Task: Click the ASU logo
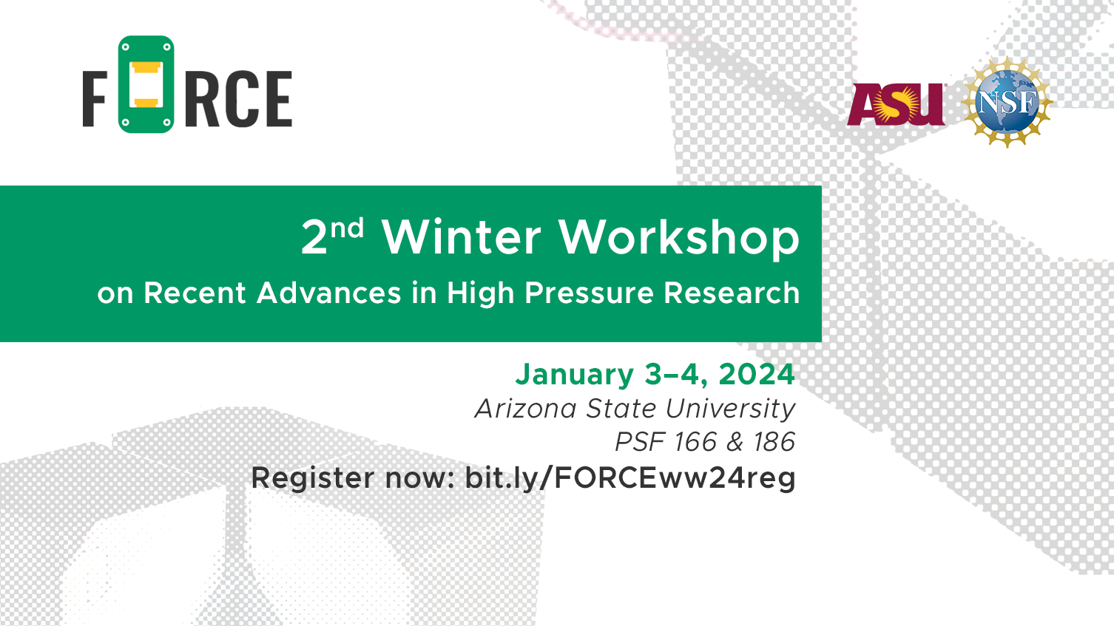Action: pos(897,104)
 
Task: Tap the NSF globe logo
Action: pos(1007,102)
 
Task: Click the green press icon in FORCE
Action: pos(146,84)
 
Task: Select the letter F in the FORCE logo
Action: pos(95,99)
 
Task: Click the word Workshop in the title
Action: pos(679,239)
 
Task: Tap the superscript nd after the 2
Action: pos(347,228)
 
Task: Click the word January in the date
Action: pos(575,375)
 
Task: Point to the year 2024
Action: pos(757,374)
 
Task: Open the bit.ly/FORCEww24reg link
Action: pos(630,479)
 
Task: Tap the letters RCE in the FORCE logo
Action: pos(238,99)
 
